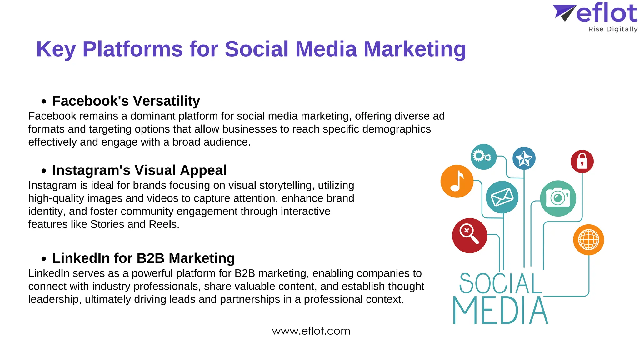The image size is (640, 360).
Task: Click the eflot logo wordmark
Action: [x=606, y=13]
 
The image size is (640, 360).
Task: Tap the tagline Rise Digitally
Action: [x=612, y=29]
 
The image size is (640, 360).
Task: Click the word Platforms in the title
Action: [x=132, y=49]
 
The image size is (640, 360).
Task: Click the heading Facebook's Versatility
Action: [x=126, y=101]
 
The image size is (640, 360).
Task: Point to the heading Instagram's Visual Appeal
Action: [x=139, y=170]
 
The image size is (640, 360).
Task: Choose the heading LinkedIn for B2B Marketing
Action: [x=143, y=258]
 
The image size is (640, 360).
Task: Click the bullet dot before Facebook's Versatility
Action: [x=44, y=102]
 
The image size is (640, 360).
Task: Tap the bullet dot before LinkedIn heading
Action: [x=44, y=259]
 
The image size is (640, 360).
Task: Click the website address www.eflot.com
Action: [x=311, y=331]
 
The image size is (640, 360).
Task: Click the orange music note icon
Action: [x=457, y=181]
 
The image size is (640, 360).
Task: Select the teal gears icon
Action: [x=483, y=157]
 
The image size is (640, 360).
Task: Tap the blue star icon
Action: [x=524, y=158]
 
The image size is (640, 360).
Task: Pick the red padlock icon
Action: [x=582, y=161]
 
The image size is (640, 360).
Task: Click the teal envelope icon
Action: [x=502, y=197]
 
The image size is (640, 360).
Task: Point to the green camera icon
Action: [x=558, y=198]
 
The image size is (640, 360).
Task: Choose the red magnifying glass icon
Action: [x=469, y=235]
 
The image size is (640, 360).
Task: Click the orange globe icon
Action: [x=588, y=240]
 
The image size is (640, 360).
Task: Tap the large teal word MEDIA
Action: [x=500, y=311]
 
